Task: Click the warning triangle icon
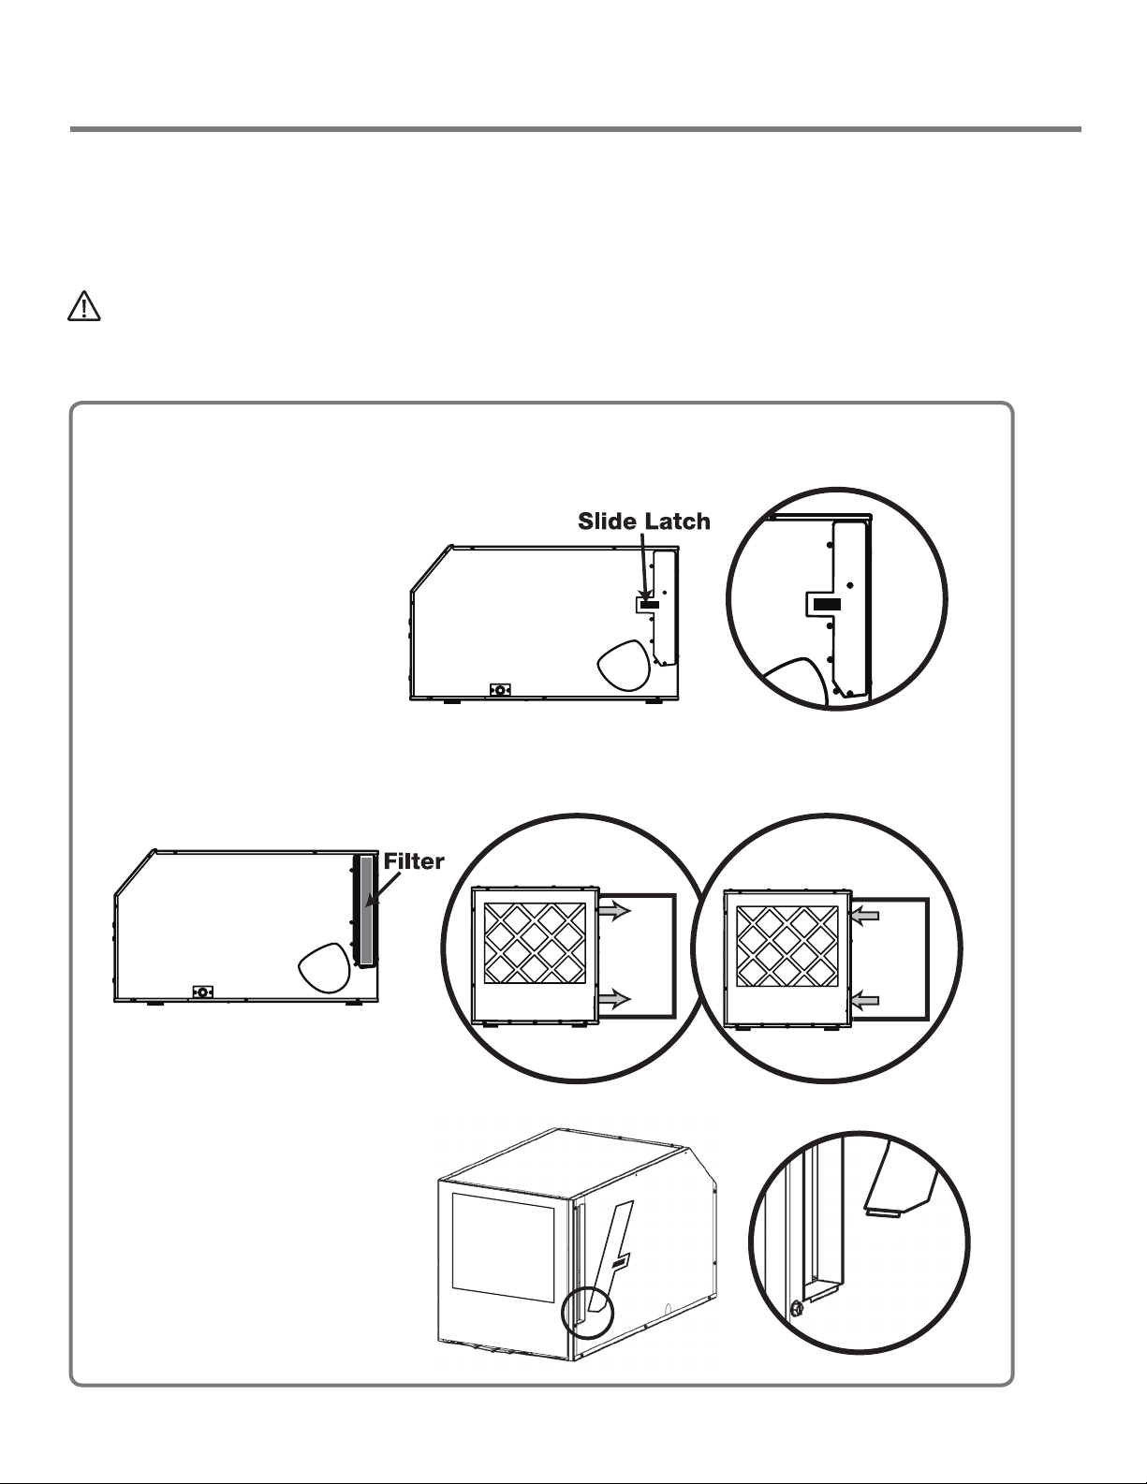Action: click(x=84, y=306)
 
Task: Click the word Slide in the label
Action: click(x=608, y=522)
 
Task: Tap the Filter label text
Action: click(x=414, y=861)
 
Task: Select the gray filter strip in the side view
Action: click(x=366, y=909)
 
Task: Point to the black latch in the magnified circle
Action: click(x=827, y=605)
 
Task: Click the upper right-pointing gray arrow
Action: click(x=614, y=910)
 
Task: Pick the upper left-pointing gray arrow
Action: click(x=864, y=916)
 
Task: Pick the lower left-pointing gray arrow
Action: click(x=864, y=1001)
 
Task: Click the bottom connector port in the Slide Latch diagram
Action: click(x=500, y=690)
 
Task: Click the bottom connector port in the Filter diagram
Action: click(x=203, y=992)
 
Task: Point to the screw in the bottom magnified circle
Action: click(x=796, y=1309)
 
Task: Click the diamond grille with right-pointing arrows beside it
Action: click(x=535, y=943)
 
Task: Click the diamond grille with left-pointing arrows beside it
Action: click(x=787, y=947)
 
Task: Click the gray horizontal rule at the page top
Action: click(x=576, y=128)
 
